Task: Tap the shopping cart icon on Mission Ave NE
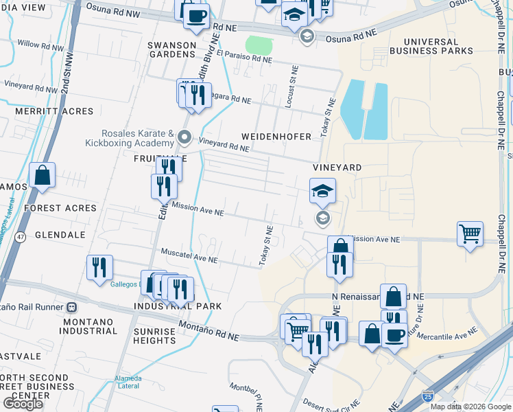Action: (x=470, y=233)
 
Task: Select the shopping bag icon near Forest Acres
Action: (x=43, y=175)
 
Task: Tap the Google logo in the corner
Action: (x=23, y=403)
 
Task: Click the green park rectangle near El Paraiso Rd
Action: (x=259, y=45)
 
